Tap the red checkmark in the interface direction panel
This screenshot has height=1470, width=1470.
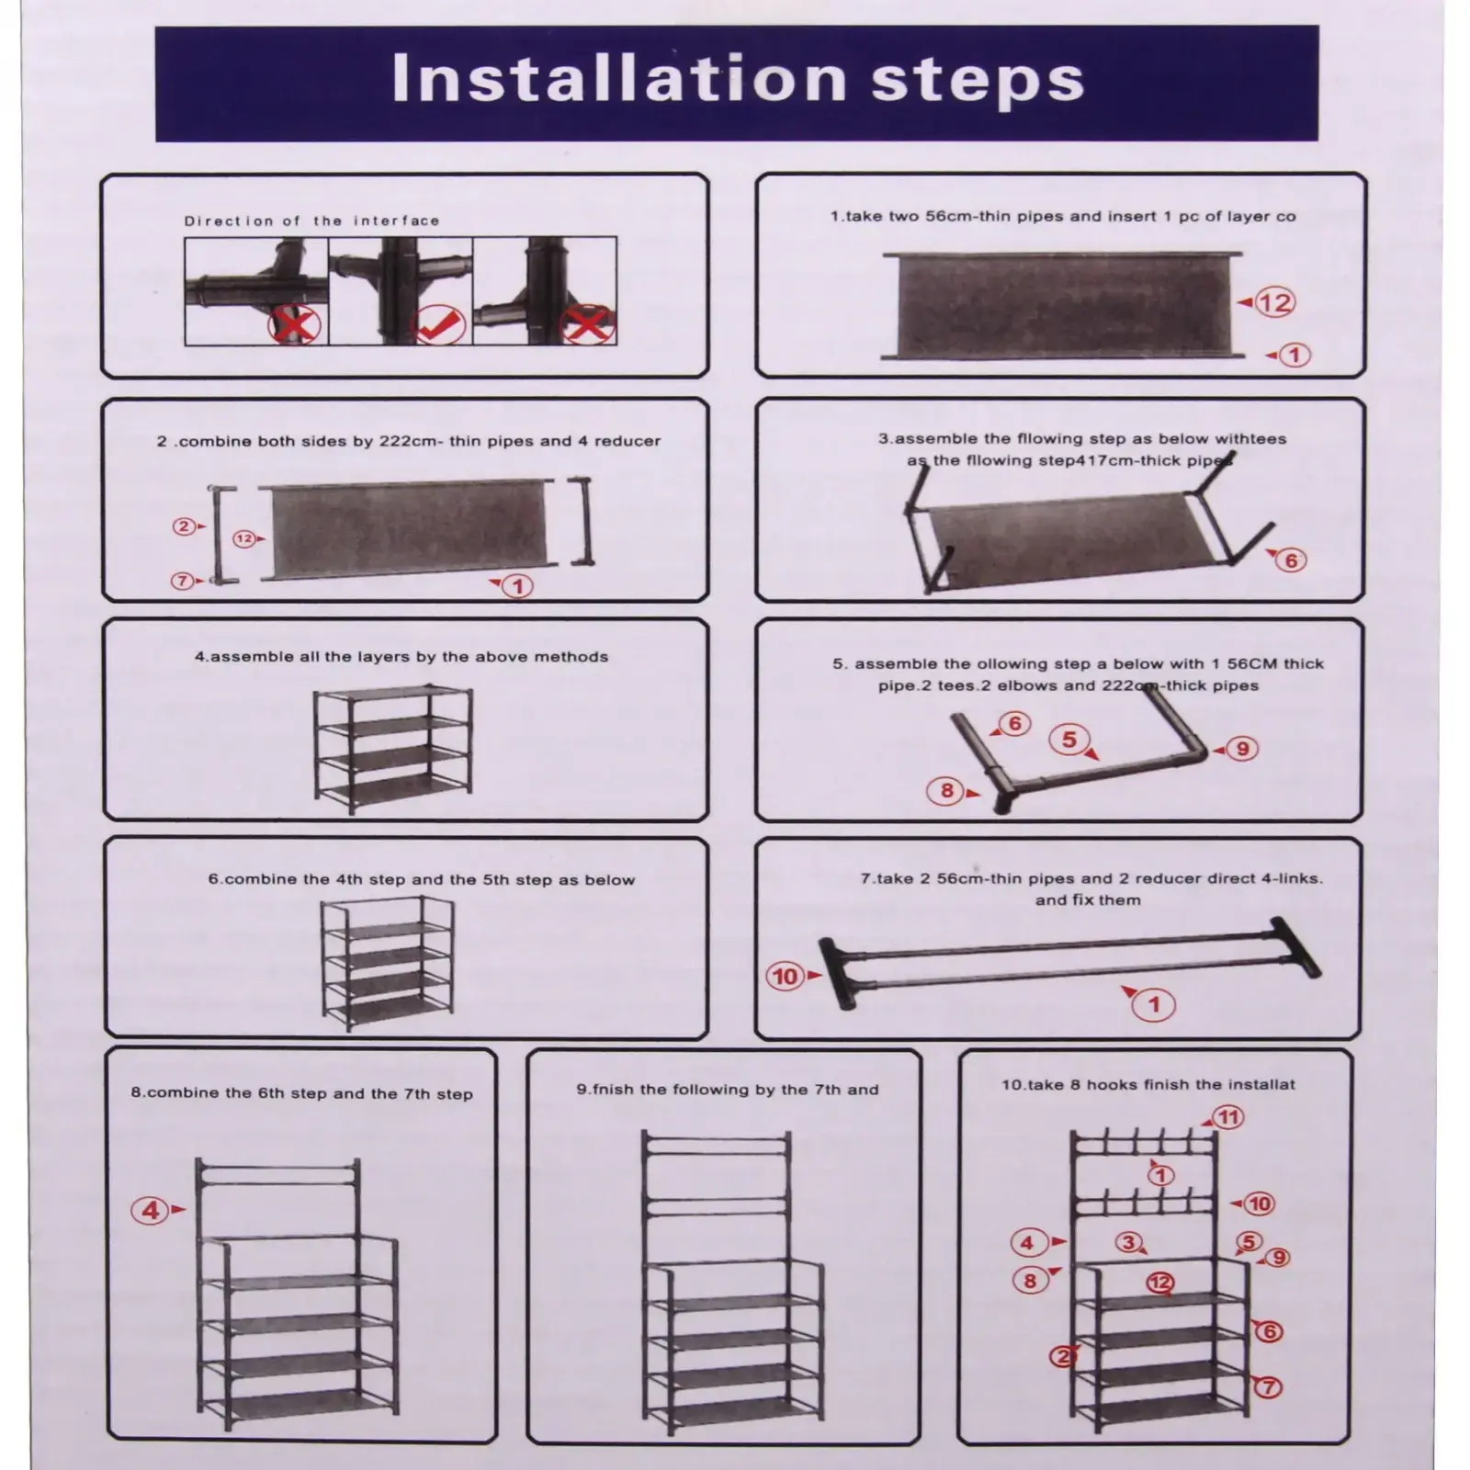[x=438, y=323]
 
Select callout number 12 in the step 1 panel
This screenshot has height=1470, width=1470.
[x=1275, y=302]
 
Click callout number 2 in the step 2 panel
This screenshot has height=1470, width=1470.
[x=185, y=526]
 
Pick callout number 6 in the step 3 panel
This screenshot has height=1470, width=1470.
[x=1291, y=560]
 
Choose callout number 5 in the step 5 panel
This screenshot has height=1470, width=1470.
[x=1069, y=740]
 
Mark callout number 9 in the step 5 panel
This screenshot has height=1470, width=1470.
[x=1243, y=749]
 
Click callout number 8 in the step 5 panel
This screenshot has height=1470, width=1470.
[x=947, y=790]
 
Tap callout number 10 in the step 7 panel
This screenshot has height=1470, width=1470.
[x=786, y=976]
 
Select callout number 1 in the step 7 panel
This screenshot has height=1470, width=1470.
[x=1155, y=1004]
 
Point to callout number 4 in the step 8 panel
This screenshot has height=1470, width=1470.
[x=152, y=1210]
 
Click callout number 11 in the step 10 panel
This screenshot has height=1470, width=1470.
[x=1228, y=1117]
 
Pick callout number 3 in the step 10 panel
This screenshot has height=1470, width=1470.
[x=1129, y=1242]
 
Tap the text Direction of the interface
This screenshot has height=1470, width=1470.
[x=311, y=220]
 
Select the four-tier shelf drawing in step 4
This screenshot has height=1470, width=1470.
[x=393, y=751]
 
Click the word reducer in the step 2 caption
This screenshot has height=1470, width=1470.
[x=627, y=441]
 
